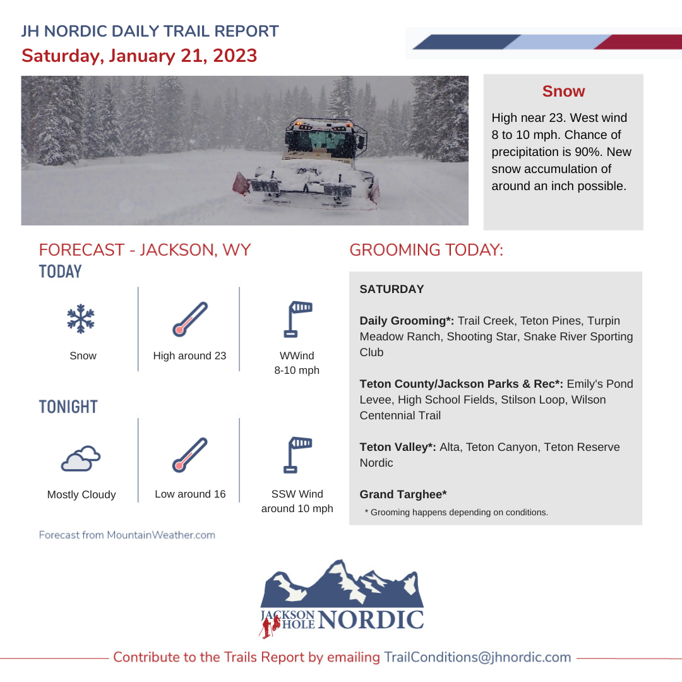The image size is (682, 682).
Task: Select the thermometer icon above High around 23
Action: (189, 319)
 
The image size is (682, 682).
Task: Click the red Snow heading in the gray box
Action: (563, 92)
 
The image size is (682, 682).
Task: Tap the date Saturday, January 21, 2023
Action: (139, 55)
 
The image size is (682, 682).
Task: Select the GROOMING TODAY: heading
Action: (426, 249)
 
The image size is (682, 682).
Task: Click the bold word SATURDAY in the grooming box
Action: (392, 289)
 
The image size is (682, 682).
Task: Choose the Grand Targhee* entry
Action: (403, 494)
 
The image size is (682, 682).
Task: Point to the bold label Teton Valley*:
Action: (398, 447)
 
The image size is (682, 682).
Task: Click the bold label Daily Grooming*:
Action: (407, 321)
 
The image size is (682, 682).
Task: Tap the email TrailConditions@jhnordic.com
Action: (477, 657)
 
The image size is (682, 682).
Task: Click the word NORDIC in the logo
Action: (371, 619)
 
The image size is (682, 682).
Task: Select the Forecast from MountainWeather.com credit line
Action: (127, 535)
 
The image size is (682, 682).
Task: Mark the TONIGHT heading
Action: (68, 407)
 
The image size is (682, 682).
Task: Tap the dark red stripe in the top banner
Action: (638, 42)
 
